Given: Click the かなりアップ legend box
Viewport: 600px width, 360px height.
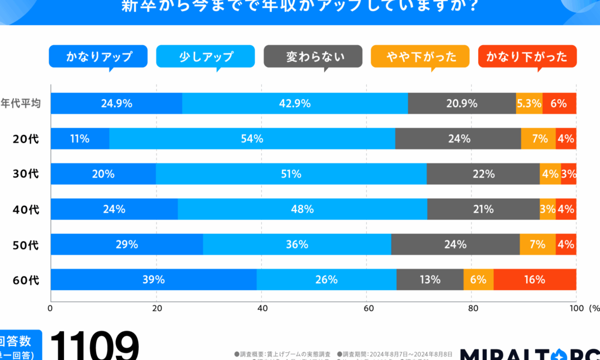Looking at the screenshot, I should tap(98, 56).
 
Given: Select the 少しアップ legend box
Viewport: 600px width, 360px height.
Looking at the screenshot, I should tap(205, 56).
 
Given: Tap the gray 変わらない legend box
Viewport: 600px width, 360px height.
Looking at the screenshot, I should tap(313, 56).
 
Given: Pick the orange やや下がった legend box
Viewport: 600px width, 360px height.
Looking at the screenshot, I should tap(420, 56).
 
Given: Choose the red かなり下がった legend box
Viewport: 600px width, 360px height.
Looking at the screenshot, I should tap(527, 56).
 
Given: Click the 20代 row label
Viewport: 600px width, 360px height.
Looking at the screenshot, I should tap(26, 139).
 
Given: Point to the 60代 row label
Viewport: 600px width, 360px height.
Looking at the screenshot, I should tap(26, 280).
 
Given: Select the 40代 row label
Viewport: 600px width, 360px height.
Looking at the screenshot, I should tap(26, 209).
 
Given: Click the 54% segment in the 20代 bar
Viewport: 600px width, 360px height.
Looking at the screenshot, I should tap(252, 139).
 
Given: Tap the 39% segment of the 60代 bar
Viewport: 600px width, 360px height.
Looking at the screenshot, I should tap(154, 280).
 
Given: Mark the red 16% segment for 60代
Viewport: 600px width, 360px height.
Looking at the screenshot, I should tap(535, 280).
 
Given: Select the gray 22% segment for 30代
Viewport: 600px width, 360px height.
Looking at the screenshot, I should tap(483, 174).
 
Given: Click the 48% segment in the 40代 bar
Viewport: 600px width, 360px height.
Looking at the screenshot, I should tap(302, 209).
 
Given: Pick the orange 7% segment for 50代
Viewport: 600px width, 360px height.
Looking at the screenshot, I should tap(538, 244).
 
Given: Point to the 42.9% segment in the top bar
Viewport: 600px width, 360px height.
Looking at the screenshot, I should tap(295, 104).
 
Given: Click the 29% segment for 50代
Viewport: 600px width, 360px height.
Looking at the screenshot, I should tap(127, 244).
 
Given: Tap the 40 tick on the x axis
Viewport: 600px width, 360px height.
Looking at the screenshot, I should tap(262, 308).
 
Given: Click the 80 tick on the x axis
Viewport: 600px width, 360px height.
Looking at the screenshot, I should tap(472, 308).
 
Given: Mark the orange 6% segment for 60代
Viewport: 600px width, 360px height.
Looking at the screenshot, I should tap(478, 280).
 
